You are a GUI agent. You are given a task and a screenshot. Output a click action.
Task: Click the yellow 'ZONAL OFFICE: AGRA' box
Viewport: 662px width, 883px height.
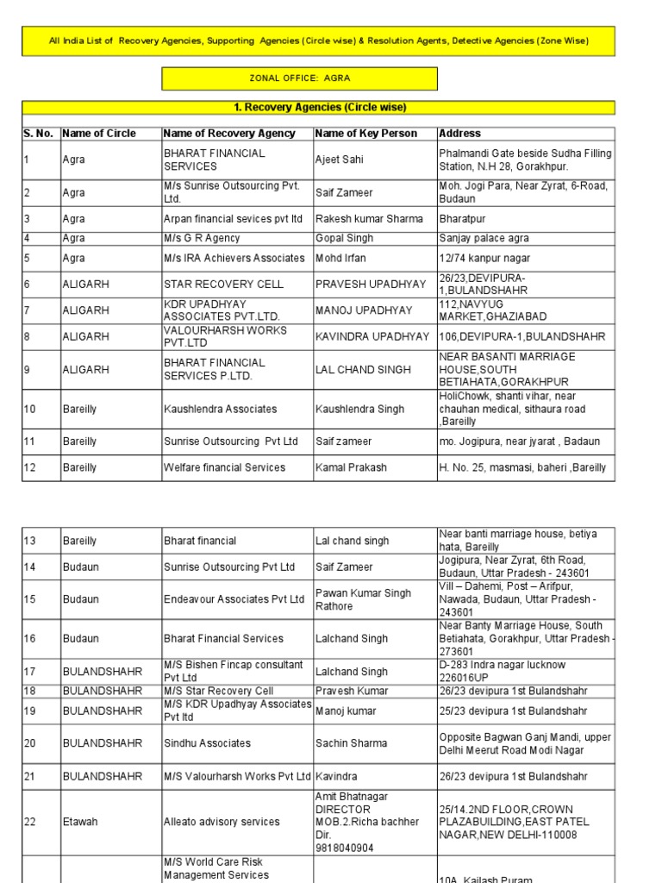tap(299, 78)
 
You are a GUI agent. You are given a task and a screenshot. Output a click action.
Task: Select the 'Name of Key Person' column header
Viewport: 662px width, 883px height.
tap(366, 134)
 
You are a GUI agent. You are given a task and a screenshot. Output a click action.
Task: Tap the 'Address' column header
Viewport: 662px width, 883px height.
tap(460, 134)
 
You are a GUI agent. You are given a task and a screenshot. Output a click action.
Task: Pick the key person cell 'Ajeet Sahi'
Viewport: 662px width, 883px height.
tap(340, 160)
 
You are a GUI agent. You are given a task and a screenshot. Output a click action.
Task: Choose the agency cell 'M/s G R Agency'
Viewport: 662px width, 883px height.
tap(202, 238)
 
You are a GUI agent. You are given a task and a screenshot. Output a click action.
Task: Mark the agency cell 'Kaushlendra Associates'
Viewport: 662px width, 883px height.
tap(221, 409)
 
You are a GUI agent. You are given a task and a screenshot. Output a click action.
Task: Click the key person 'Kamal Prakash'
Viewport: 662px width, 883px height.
tap(351, 467)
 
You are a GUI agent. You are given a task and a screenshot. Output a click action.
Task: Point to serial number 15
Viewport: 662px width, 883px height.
tap(30, 599)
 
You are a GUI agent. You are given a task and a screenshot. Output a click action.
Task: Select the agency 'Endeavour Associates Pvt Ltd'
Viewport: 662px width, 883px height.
tap(234, 599)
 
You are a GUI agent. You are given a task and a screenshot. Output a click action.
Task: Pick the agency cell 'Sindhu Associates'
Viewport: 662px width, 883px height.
tap(208, 743)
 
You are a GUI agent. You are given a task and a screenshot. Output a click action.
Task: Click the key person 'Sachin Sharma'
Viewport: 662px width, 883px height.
tap(351, 743)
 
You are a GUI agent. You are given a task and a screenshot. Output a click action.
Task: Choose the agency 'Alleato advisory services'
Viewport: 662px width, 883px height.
tap(222, 823)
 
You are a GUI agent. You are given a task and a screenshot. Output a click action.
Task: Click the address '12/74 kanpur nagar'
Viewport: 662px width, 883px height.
tap(484, 258)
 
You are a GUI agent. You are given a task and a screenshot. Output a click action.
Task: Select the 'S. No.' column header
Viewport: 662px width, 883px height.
tap(38, 134)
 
